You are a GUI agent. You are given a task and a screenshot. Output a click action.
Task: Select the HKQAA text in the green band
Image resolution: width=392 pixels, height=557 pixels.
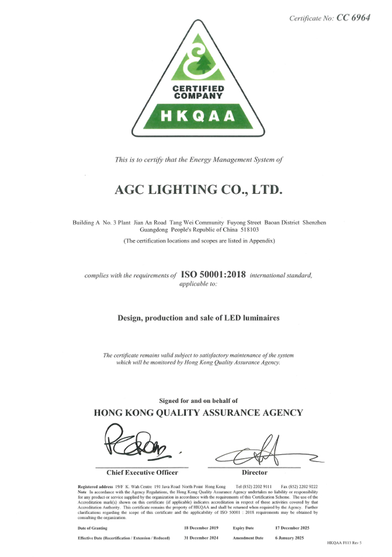tap(198, 116)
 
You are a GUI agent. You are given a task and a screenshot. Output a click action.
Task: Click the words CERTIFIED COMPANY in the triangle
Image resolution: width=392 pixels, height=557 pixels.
tap(198, 92)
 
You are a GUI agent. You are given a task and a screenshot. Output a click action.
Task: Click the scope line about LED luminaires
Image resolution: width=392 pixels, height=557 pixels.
tap(198, 318)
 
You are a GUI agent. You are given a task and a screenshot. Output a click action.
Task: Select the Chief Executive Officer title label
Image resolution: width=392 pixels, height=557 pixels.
tap(142, 472)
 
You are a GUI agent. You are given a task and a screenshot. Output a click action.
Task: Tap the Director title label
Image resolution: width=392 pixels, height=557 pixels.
tap(255, 472)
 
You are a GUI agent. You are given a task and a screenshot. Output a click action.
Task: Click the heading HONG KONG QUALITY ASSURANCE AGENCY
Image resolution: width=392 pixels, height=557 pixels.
tap(198, 413)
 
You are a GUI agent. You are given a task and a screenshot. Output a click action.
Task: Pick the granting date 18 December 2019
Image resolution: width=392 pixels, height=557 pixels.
tap(202, 528)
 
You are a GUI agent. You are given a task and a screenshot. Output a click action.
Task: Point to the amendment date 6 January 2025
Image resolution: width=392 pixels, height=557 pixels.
tap(289, 538)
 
